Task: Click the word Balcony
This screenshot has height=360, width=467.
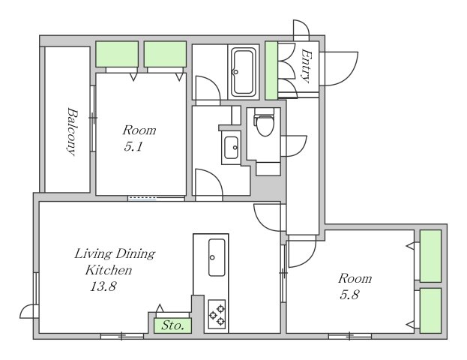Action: [x=72, y=131]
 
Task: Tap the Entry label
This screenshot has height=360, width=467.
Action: [x=306, y=66]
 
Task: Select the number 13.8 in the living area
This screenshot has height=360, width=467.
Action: [x=103, y=286]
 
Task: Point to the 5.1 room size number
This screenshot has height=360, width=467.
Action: [x=133, y=146]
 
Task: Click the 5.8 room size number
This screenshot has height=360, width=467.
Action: [x=349, y=295]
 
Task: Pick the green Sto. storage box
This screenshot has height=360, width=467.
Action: [x=172, y=325]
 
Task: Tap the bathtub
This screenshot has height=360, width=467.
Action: [x=244, y=71]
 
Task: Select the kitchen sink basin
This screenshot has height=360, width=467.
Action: [x=217, y=257]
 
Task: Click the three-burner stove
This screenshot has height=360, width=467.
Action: [x=217, y=314]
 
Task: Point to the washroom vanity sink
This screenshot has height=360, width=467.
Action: [x=231, y=148]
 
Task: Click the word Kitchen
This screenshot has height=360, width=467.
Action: [x=109, y=270]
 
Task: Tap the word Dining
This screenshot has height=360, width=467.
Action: [x=135, y=254]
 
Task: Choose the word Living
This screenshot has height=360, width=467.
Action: [x=93, y=254]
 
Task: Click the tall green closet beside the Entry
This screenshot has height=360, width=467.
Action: [x=271, y=70]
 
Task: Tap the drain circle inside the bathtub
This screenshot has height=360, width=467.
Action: [x=236, y=72]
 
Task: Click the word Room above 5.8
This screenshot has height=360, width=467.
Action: [x=355, y=278]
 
